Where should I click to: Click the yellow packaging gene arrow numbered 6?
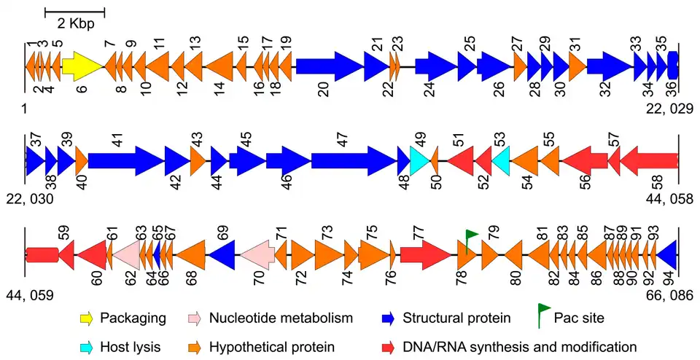click(x=83, y=67)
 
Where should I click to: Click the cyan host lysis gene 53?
click(x=501, y=160)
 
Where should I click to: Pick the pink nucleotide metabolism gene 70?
click(x=257, y=255)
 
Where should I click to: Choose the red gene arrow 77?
click(x=426, y=255)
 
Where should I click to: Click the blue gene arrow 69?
click(x=222, y=255)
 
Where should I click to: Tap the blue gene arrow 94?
click(x=666, y=255)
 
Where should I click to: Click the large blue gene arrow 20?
click(x=330, y=67)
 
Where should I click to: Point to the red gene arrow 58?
click(x=649, y=160)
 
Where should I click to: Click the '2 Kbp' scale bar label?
click(x=76, y=23)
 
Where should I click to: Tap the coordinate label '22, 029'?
click(x=669, y=108)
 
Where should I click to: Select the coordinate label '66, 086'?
click(x=669, y=295)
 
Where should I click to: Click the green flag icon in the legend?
click(x=545, y=316)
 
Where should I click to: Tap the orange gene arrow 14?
click(x=219, y=67)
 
